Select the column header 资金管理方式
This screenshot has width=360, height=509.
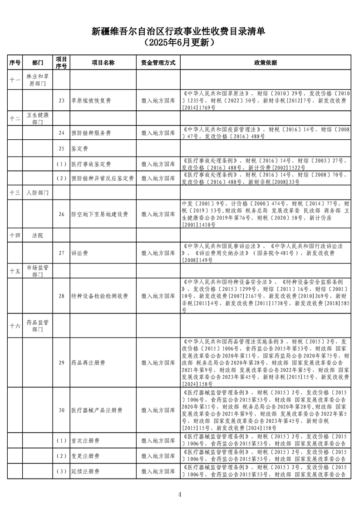coord(158,63)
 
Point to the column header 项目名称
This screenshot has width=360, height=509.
coord(103,63)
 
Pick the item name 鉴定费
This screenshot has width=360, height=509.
coord(79,148)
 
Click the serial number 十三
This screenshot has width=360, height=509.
coord(15,193)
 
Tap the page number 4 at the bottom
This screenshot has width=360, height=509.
coord(180,494)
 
